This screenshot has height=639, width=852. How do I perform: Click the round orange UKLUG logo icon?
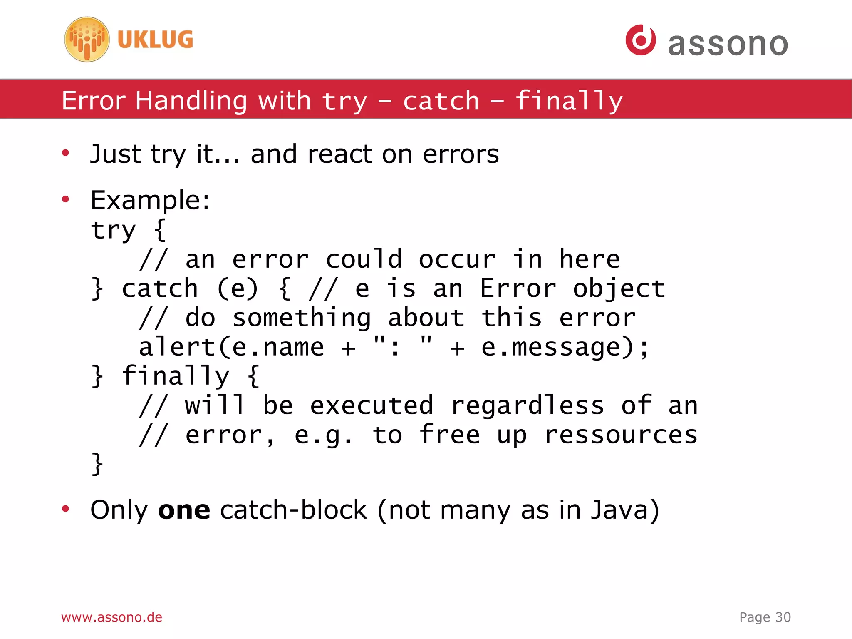87,40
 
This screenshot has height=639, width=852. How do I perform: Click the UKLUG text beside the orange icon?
155,40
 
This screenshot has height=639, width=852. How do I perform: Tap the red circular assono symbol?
640,40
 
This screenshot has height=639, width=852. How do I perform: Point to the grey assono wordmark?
728,44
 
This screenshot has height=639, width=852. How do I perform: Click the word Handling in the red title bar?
191,101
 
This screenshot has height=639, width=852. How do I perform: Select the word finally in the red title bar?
569,101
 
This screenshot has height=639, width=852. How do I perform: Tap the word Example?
150,200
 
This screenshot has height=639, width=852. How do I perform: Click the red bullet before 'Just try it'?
65,153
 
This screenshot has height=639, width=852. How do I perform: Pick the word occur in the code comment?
457,259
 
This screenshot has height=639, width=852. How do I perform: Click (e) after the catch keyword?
238,288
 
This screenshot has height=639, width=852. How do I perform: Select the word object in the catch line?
619,288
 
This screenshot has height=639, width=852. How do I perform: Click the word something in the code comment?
302,318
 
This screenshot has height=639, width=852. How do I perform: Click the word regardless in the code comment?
527,405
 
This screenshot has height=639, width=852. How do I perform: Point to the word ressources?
620,435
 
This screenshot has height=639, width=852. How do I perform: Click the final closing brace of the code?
97,464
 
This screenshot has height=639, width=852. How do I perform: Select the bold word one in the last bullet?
184,510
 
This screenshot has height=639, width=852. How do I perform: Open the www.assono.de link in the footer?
111,617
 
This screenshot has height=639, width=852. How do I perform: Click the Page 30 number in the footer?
765,617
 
